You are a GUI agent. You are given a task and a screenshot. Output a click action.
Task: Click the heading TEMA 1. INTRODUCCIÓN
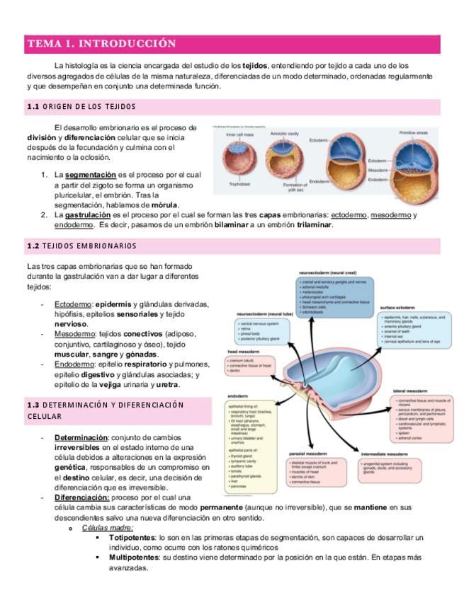pos(101,44)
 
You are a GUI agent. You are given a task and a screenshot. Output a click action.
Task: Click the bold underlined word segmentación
pos(91,174)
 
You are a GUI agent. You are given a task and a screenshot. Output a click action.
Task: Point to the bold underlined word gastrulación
pos(88,214)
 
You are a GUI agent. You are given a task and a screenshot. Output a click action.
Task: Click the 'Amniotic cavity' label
pos(285,133)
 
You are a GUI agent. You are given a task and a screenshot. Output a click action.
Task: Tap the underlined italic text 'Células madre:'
pos(108,528)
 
